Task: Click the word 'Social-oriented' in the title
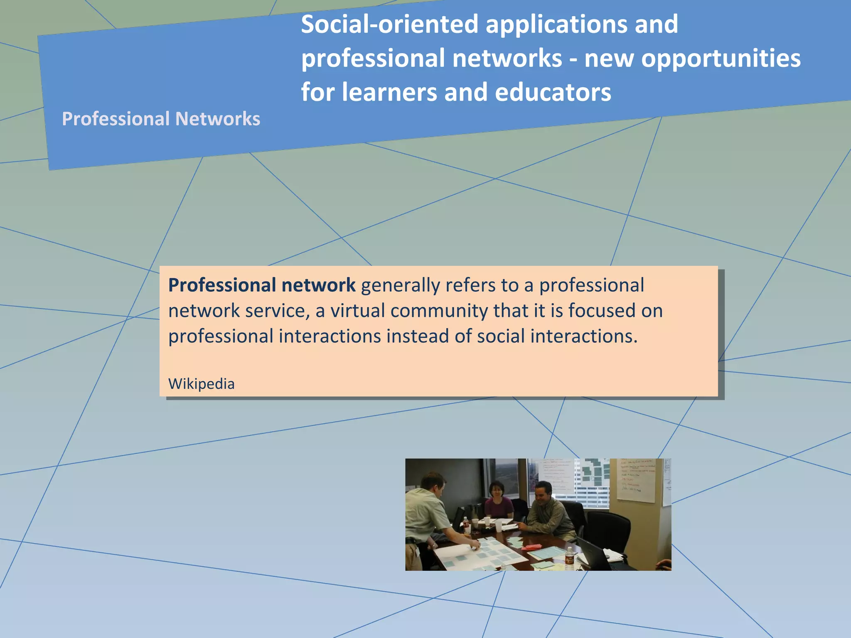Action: click(390, 24)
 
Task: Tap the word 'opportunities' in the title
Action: click(721, 58)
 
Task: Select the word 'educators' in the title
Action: click(553, 92)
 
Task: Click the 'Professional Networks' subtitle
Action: click(161, 119)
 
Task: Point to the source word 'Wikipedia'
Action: click(201, 384)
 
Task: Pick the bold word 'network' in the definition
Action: click(318, 285)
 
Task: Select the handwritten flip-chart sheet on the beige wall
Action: click(636, 480)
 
